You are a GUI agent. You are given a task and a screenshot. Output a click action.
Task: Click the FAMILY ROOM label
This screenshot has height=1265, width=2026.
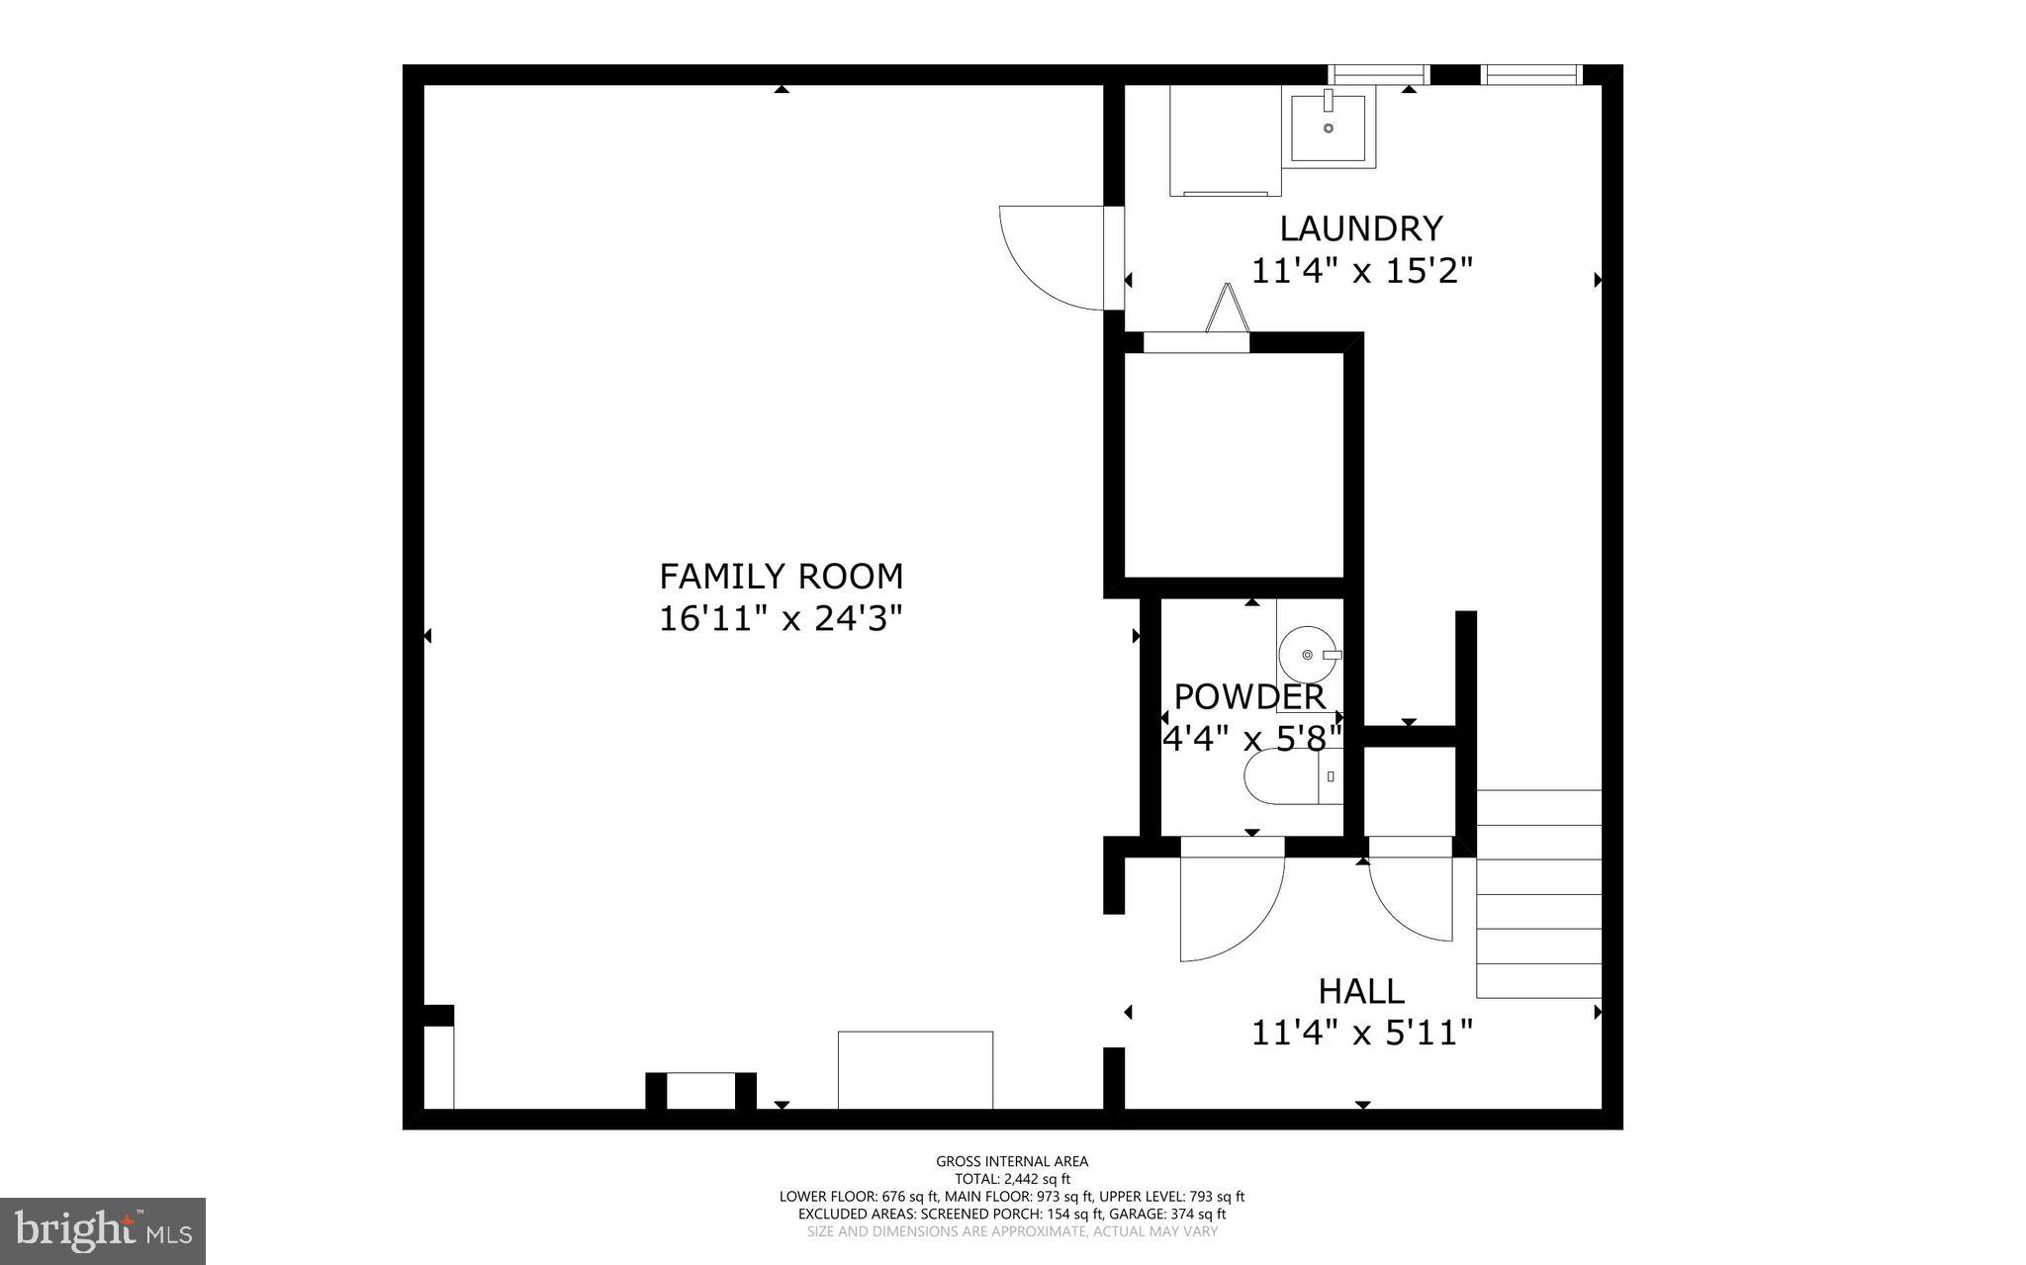[781, 576]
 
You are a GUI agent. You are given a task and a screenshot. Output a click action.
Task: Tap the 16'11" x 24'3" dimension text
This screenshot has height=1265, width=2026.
[781, 619]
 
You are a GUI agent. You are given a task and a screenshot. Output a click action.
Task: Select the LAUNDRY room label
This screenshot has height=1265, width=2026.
[1361, 228]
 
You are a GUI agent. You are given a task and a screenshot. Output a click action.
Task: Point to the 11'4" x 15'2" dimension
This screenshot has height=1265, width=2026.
[1361, 271]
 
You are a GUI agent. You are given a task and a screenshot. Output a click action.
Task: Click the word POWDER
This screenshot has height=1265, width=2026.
[1248, 696]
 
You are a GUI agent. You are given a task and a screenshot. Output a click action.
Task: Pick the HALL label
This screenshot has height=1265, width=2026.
[1360, 990]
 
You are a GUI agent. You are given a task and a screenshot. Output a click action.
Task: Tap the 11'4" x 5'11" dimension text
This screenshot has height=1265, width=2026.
[1361, 1034]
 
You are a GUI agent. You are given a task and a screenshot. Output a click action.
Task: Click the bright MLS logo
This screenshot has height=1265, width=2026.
[102, 1230]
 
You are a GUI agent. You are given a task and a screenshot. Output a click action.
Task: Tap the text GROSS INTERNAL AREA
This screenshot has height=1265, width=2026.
[1012, 1161]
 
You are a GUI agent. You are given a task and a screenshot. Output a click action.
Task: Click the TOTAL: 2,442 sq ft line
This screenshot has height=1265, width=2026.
[1012, 1179]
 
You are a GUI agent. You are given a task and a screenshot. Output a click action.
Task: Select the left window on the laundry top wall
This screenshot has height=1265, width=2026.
[1378, 74]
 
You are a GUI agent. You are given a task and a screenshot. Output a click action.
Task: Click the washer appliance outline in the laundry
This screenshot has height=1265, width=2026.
[1225, 140]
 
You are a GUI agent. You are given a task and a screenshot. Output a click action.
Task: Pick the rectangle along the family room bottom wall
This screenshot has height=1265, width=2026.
[915, 1070]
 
